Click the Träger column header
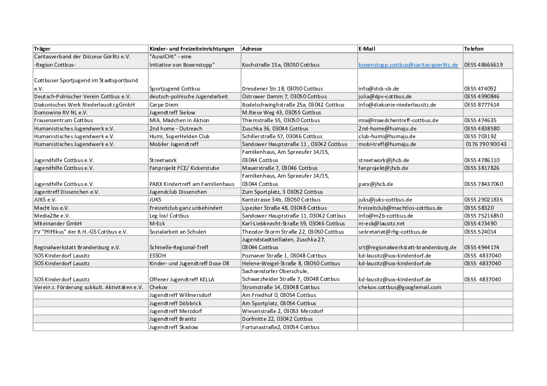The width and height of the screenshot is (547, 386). (42, 49)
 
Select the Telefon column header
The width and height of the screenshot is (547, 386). (474, 49)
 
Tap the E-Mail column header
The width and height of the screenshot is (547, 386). (367, 49)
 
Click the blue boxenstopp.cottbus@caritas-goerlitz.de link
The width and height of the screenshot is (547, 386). (408, 65)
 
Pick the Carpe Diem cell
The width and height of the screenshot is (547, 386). (164, 105)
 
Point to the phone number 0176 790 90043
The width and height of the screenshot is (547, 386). (486, 144)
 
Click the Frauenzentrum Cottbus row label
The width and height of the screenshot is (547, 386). (63, 120)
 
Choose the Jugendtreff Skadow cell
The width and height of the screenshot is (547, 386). (174, 327)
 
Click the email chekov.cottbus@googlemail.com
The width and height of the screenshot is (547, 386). (400, 287)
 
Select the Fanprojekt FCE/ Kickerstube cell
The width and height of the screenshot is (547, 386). (184, 168)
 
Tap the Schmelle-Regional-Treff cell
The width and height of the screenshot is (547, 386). (179, 247)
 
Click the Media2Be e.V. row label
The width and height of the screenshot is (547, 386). (52, 216)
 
